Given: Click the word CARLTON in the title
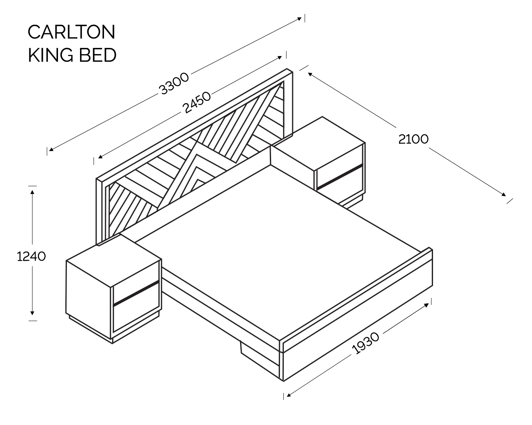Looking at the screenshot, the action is pos(72,32).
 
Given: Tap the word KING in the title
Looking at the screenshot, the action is pos(51,55).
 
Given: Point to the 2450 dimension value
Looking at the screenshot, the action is pos(196,102).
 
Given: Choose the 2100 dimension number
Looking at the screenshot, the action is pos(413,139).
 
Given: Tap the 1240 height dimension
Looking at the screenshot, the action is pos(31,257).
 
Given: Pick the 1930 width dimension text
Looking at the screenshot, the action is pos(365,343).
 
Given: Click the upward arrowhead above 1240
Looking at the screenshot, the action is pos(32,192).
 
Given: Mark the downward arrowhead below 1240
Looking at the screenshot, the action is pos(32,313).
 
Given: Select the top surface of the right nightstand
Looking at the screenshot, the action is pos(318,144).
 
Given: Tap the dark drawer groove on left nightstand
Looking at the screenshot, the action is pos(136,292).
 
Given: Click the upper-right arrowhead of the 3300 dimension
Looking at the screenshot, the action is pos(299,19).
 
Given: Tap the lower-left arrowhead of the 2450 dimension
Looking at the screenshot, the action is pos(101,156).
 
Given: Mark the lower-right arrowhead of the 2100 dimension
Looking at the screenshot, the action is pos(503,194).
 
